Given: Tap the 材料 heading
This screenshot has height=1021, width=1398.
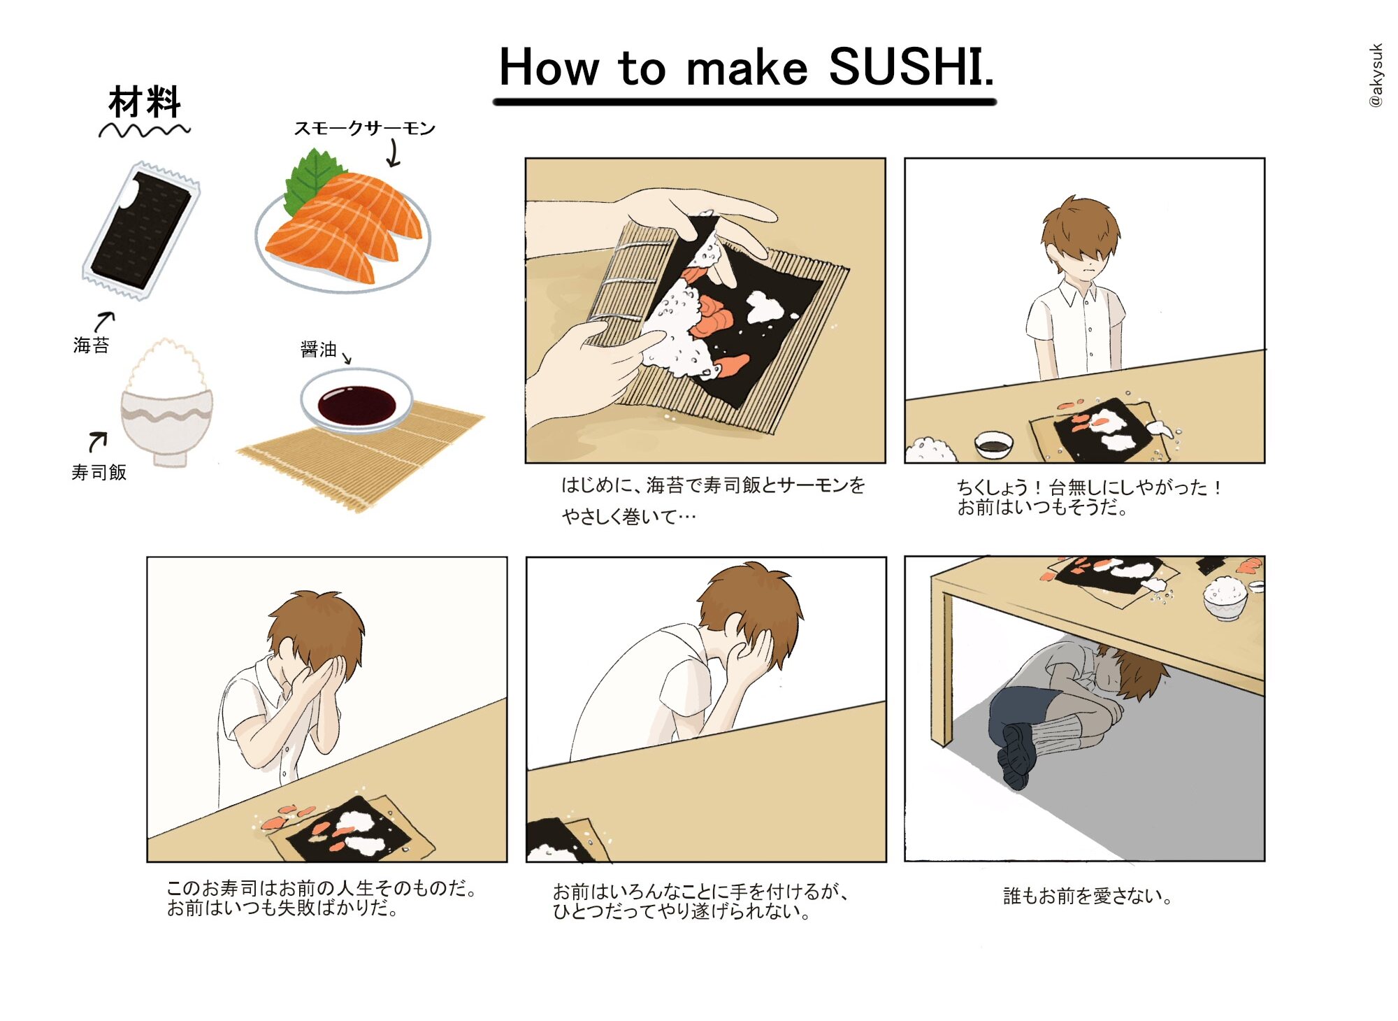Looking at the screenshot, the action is [145, 102].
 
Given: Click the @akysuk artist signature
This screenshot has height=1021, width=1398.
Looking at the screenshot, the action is [1376, 76].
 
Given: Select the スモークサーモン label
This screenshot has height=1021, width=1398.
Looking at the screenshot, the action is [364, 128].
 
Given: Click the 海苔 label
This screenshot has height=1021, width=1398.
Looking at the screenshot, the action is [91, 345].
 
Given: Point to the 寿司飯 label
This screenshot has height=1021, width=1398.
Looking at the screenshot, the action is [99, 473].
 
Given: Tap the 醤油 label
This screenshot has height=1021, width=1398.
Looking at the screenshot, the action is [318, 349].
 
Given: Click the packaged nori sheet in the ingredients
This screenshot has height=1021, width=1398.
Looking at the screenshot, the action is [141, 230].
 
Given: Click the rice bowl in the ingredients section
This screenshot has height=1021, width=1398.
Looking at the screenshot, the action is [166, 404].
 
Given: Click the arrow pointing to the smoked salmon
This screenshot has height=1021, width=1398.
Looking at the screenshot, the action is [394, 153].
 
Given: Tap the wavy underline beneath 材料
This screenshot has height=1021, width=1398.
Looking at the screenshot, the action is [144, 131].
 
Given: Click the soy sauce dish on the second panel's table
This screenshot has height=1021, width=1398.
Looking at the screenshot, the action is [993, 444].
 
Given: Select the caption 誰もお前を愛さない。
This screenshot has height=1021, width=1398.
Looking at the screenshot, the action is [1087, 896].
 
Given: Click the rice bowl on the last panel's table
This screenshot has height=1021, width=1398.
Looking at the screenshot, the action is [1225, 599].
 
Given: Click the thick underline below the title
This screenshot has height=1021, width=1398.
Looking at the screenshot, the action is [744, 102].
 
